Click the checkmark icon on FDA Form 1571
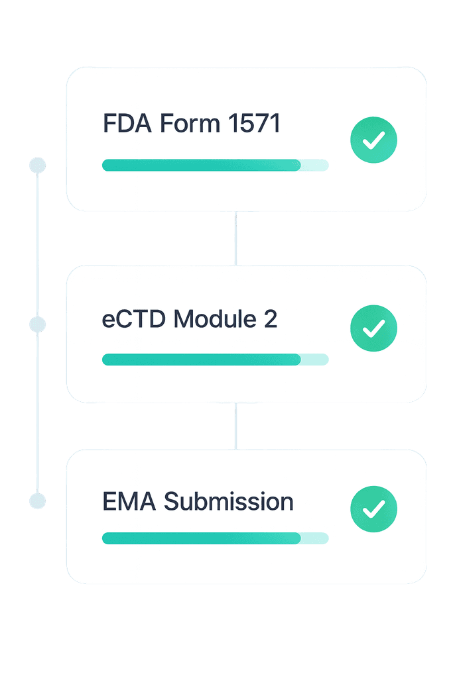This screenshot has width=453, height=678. click(x=373, y=140)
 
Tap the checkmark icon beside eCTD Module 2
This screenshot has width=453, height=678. click(x=373, y=328)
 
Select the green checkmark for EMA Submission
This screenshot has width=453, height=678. click(x=373, y=508)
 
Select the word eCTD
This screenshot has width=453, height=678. click(x=134, y=319)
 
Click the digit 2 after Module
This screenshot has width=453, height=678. click(x=270, y=319)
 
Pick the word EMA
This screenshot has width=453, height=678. click(x=129, y=501)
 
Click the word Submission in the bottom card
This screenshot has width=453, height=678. click(x=229, y=501)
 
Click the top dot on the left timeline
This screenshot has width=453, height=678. click(x=38, y=165)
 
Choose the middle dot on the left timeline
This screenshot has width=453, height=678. click(x=38, y=324)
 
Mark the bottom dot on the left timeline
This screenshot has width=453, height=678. click(x=38, y=501)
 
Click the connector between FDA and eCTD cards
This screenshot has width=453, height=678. click(x=235, y=238)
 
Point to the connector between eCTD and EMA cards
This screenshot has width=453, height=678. click(x=235, y=426)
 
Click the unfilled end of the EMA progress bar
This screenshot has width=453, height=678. click(x=316, y=538)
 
